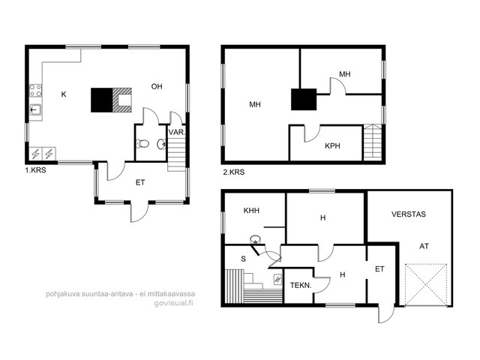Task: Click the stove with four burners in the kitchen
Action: [x=35, y=90]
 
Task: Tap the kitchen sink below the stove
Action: [x=36, y=109]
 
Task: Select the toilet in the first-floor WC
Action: [x=142, y=143]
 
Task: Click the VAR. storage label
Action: [x=177, y=133]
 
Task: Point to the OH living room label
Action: [x=157, y=87]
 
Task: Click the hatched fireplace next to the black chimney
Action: [x=122, y=100]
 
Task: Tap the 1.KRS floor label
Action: [x=35, y=170]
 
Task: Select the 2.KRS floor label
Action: [x=234, y=172]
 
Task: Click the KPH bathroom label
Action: [x=332, y=146]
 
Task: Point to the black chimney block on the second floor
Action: [x=304, y=100]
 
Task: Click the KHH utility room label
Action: [x=251, y=211]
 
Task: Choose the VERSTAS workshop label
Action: [x=409, y=214]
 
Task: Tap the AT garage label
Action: [x=424, y=246]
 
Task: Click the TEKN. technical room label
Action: [x=301, y=286]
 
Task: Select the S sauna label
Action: [x=243, y=259]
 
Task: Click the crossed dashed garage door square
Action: [x=425, y=285]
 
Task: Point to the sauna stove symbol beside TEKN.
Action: [x=277, y=279]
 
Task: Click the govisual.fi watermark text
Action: [x=173, y=304]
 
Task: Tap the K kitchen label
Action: [x=64, y=94]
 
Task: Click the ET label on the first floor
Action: [x=140, y=183]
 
